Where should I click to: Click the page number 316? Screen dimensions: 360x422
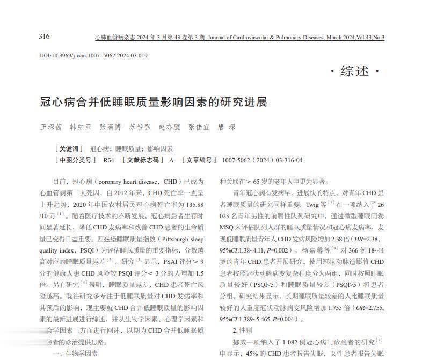tap(44, 36)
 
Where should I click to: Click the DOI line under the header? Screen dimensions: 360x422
tap(93, 55)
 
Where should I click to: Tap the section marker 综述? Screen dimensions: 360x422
tap(354, 71)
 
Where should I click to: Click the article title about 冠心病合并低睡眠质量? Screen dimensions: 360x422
tap(154, 102)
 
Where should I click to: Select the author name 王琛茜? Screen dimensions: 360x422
tap(52, 127)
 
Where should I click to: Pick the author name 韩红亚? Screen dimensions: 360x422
tap(81, 127)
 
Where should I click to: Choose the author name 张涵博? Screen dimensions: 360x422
tap(111, 127)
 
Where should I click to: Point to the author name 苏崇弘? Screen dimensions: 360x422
tap(140, 127)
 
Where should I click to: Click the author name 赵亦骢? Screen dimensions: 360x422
tap(170, 127)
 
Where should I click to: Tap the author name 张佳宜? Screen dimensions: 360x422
tap(199, 127)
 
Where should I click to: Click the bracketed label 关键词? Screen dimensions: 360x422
tap(69, 149)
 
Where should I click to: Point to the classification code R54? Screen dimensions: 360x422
tap(108, 160)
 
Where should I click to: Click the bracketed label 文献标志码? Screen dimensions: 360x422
tap(142, 160)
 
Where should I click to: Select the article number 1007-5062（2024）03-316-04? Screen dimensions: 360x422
tap(263, 160)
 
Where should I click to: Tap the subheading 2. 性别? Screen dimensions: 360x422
tap(243, 330)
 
